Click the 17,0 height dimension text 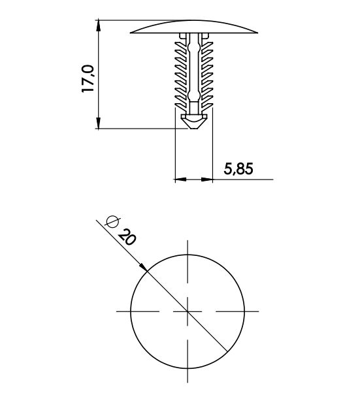(x=88, y=78)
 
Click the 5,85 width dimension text (x=238, y=168)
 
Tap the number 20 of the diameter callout (x=127, y=237)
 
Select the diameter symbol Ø (x=112, y=221)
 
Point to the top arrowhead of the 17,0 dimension (x=99, y=25)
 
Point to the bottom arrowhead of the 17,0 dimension (x=99, y=123)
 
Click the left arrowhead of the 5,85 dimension (x=180, y=180)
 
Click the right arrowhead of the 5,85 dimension (x=207, y=180)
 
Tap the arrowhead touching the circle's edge (x=144, y=267)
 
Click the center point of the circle (x=188, y=311)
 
